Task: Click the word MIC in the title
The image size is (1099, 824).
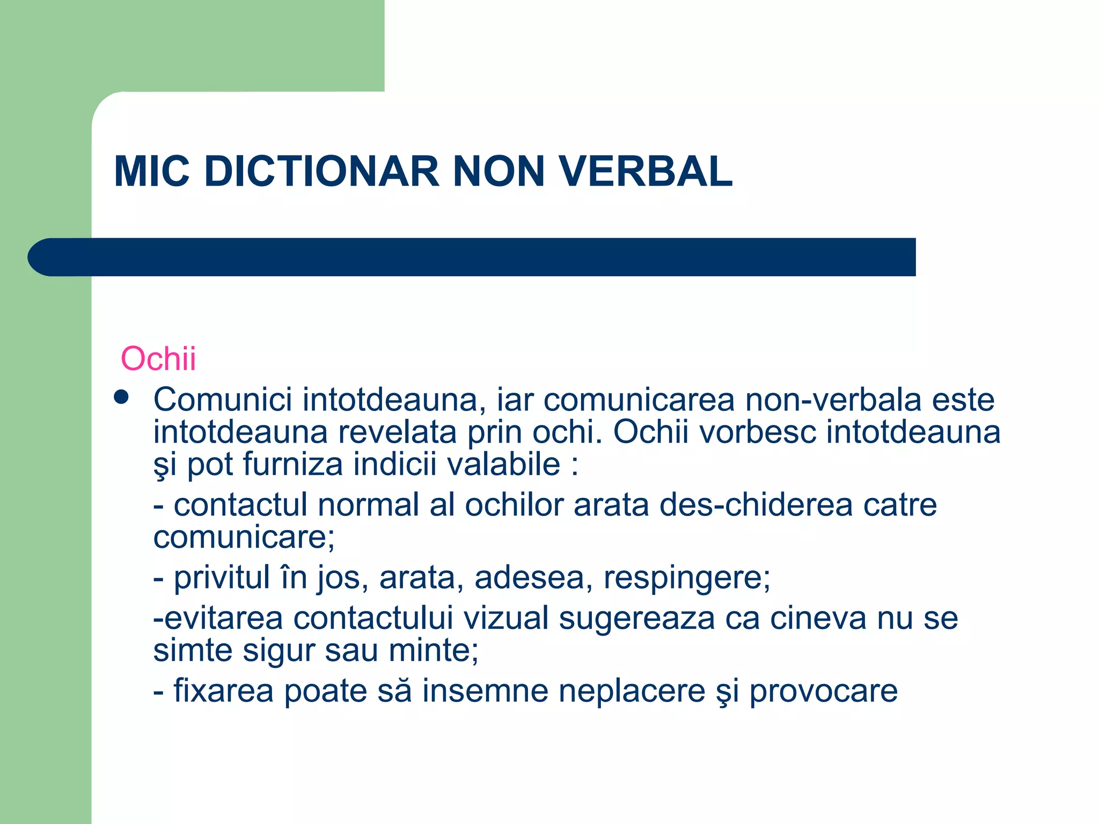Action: click(x=152, y=172)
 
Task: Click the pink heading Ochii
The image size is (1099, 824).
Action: click(x=158, y=358)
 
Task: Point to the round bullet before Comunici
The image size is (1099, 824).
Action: click(x=122, y=397)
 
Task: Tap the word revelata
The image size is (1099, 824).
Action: click(x=397, y=432)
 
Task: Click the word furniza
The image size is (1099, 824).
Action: click(x=292, y=464)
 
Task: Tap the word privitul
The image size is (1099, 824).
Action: click(x=222, y=578)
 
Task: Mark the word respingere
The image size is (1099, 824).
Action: click(x=686, y=578)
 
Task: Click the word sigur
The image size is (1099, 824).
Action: click(x=279, y=650)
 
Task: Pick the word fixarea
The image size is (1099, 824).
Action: click(x=223, y=690)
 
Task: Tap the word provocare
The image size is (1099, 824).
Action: click(x=823, y=691)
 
